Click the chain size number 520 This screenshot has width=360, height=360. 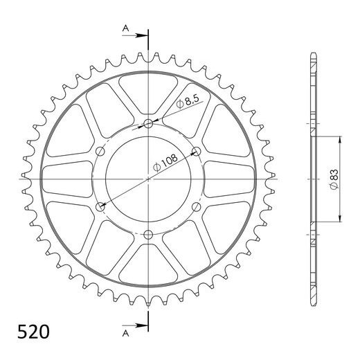point(33,332)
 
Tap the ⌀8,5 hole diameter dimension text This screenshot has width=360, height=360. point(187,102)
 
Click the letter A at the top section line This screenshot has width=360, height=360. point(125,28)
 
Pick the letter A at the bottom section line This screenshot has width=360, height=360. point(125,333)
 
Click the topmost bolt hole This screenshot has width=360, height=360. point(148,124)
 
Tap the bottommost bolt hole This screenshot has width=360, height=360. point(148,235)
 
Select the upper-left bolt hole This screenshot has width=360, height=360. point(100,152)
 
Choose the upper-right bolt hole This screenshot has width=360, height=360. point(197,152)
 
